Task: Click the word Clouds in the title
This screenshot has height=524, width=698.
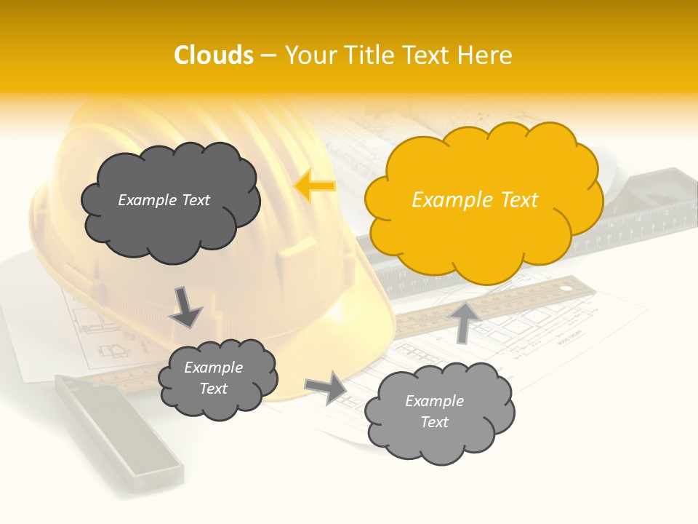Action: click(x=214, y=55)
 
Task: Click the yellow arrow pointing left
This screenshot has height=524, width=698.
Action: click(x=315, y=186)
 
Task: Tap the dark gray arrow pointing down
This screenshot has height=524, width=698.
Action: click(x=185, y=307)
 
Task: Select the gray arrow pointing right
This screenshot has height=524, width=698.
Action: click(x=326, y=387)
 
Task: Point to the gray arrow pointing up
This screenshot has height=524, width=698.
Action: click(x=465, y=321)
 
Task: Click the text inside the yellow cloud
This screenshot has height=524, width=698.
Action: click(x=475, y=200)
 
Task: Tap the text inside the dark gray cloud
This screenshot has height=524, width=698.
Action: click(x=164, y=200)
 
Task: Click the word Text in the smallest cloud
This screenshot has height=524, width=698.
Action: click(x=213, y=389)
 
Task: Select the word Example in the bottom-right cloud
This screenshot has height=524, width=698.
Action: click(x=434, y=401)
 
